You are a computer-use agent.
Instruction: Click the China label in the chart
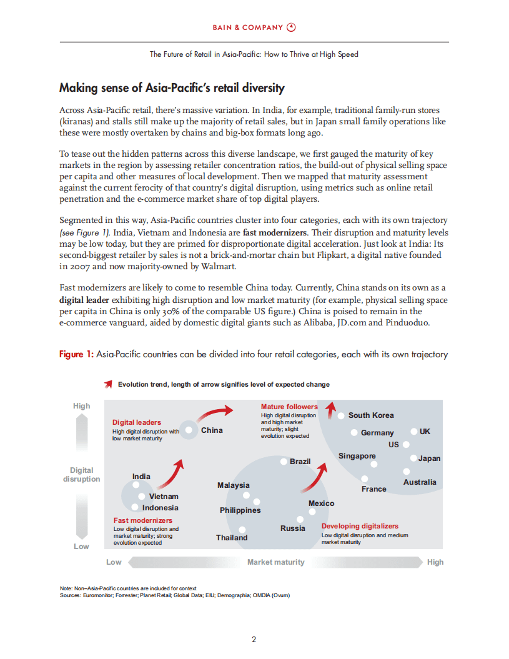tap(212, 430)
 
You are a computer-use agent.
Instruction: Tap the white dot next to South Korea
tap(341, 415)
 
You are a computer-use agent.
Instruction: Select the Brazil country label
tap(300, 462)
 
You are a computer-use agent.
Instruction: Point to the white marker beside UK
tap(413, 432)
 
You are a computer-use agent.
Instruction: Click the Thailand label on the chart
tap(232, 538)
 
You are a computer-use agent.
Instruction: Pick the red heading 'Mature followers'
tap(289, 407)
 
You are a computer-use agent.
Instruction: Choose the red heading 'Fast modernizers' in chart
tap(143, 520)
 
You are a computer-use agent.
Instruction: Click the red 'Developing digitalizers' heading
tap(360, 527)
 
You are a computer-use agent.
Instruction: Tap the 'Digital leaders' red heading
tap(137, 423)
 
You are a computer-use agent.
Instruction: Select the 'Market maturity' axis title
tap(275, 562)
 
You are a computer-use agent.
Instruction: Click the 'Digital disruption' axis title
tap(82, 475)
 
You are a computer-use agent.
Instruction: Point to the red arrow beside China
tap(215, 414)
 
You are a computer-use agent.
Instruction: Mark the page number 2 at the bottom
tap(254, 639)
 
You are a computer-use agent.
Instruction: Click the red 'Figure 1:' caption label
tap(76, 355)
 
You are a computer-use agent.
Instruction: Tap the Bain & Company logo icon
tap(291, 27)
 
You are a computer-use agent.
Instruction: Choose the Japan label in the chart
tap(429, 458)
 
